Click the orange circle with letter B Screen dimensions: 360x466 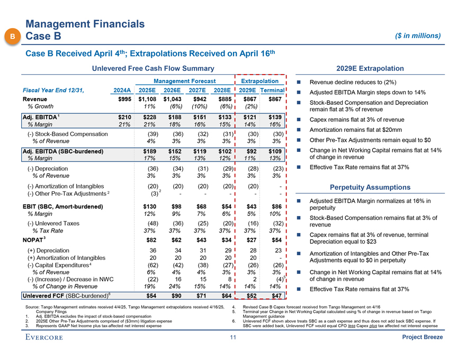tap(12, 36)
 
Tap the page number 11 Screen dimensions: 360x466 tap(232, 338)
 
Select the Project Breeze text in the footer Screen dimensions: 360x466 tap(422, 338)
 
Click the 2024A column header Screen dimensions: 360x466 tap(121, 90)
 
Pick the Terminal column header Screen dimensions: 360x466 tap(273, 90)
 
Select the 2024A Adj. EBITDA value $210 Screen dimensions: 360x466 tap(123, 117)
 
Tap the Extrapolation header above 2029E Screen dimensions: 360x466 tap(259, 81)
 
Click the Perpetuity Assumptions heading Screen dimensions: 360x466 tap(370, 187)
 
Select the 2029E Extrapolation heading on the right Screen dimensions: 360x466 tap(370, 68)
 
